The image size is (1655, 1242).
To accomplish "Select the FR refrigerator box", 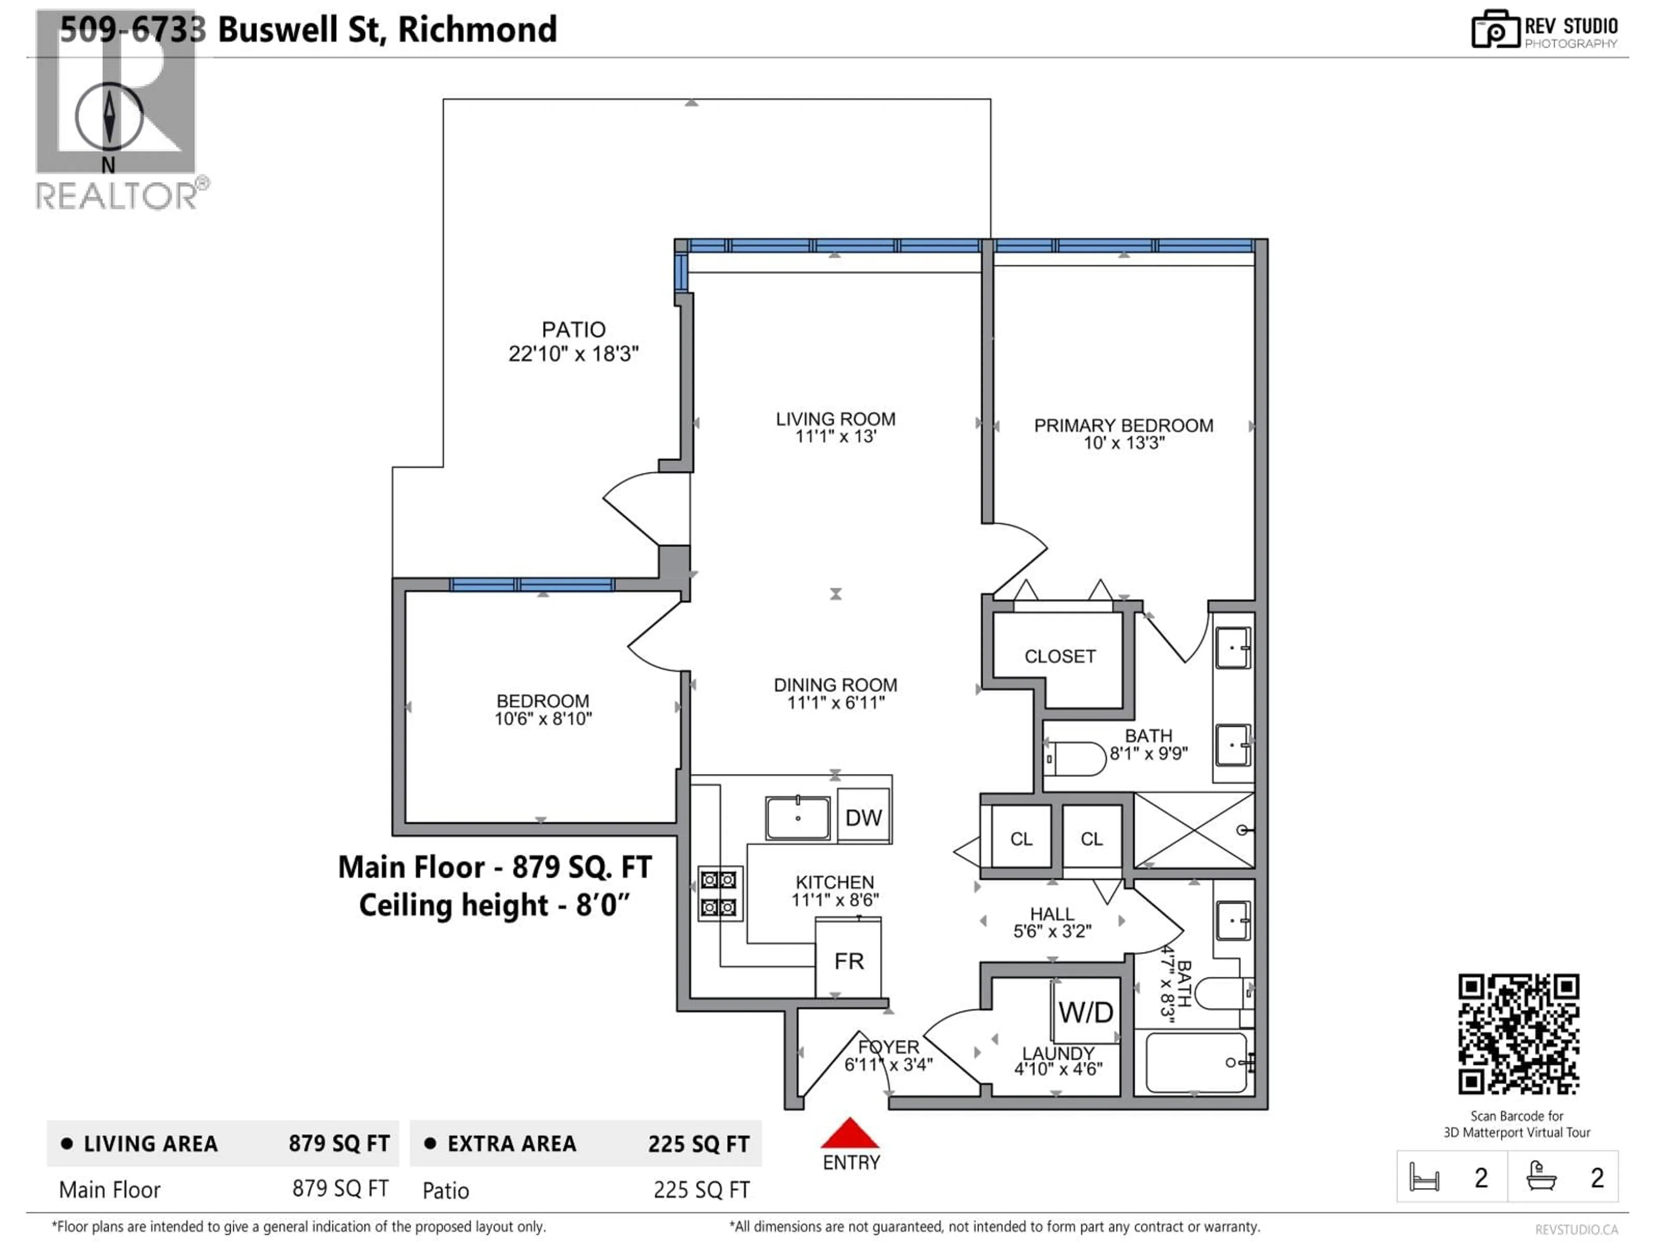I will pos(849,960).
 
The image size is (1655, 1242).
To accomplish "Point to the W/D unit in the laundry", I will pos(1086,1012).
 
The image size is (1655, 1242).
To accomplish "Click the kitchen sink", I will pos(798,818).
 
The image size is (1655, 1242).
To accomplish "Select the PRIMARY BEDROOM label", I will pos(1123,425).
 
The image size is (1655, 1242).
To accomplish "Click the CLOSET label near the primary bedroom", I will pos(1059,656).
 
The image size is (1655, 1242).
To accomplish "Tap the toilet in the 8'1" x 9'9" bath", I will pos(1076,759).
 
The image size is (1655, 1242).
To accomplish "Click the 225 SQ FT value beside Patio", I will pos(701,1189).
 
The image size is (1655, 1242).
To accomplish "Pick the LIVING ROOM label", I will pos(835,419).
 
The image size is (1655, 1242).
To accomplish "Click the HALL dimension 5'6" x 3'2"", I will pos(1052,931).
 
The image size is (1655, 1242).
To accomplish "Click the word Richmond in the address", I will pos(478,30).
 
